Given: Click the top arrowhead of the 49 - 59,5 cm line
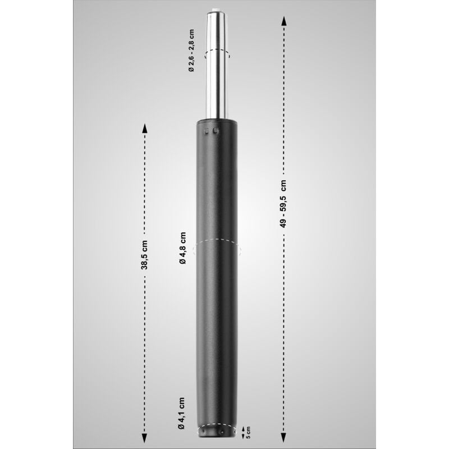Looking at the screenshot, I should [x=283, y=21].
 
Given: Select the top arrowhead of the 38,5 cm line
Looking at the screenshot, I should [x=144, y=127].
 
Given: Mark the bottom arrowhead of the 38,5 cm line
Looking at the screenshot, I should [x=144, y=437].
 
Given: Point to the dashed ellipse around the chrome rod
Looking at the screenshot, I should [x=217, y=53].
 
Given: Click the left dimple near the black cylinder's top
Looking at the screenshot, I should [x=208, y=131].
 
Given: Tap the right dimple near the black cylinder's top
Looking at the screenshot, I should [x=216, y=131].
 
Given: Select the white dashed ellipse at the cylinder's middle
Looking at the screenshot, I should [x=217, y=250].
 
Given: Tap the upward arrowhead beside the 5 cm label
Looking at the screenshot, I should [x=242, y=428].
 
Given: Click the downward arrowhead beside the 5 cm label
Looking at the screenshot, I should [x=242, y=438].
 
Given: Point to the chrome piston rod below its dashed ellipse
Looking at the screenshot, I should [x=217, y=90].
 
